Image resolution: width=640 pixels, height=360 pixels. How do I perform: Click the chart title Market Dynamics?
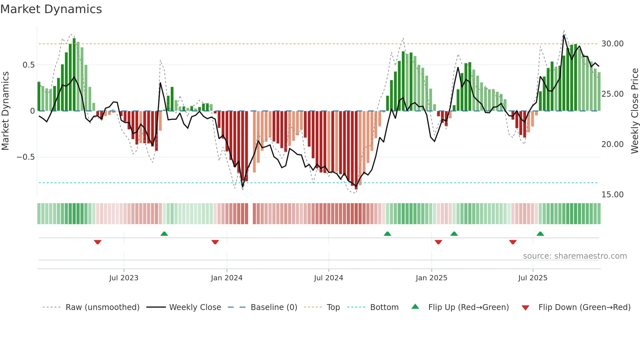51,9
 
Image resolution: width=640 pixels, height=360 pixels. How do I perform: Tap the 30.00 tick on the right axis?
612,44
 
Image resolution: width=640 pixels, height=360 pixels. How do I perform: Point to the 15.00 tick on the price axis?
612,195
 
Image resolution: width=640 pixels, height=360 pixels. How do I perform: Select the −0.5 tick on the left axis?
25,157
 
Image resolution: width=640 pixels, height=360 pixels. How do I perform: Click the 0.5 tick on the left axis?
28,65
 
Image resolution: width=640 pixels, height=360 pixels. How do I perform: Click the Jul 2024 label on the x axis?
328,278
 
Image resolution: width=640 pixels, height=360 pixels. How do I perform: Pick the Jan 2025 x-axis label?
431,278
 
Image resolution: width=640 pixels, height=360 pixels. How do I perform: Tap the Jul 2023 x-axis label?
124,278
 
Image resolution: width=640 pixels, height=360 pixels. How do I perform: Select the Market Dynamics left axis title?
5,111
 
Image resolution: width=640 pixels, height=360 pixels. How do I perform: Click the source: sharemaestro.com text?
575,256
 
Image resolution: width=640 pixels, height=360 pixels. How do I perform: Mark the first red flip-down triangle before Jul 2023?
98,242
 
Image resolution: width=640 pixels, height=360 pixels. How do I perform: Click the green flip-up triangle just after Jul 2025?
540,234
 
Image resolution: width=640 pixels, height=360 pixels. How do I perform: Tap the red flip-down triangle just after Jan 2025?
438,242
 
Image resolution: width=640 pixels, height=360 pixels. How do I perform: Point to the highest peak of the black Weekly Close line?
564,35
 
